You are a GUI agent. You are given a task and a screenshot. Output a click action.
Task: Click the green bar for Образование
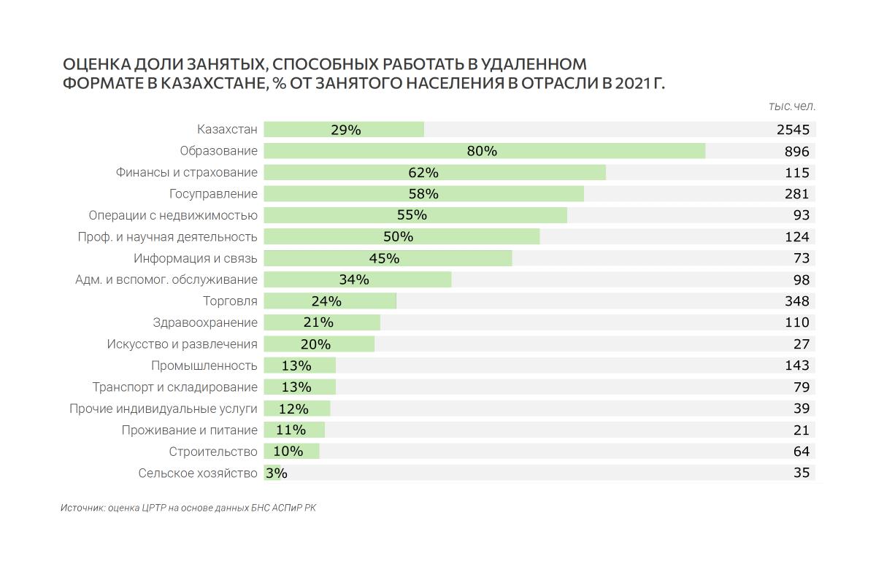[x=484, y=151]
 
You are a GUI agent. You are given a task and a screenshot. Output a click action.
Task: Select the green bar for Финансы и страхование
[x=434, y=173]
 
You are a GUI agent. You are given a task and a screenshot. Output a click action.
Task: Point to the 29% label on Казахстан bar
[x=346, y=130]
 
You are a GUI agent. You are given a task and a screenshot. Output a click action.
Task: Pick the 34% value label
[x=354, y=279]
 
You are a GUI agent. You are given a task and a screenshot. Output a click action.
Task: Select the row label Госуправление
[x=213, y=194]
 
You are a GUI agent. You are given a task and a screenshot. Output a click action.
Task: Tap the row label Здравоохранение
[x=205, y=322]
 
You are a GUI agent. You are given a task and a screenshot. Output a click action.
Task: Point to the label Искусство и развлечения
[x=182, y=344]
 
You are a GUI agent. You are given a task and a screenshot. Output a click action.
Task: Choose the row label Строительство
[x=213, y=452]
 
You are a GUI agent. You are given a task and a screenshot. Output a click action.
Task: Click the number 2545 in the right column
[x=793, y=130]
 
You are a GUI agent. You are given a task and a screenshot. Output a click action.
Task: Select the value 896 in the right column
[x=797, y=152]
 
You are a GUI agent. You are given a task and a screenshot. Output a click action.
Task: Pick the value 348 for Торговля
[x=797, y=301]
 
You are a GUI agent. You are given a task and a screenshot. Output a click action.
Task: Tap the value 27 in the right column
[x=801, y=344]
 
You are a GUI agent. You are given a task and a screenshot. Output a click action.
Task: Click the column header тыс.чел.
[x=792, y=107]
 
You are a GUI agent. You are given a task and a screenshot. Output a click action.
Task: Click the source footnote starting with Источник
[x=188, y=508]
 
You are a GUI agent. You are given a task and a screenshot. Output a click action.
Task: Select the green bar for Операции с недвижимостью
[x=415, y=215]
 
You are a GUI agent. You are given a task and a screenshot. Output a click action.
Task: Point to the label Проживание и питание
[x=190, y=430]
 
